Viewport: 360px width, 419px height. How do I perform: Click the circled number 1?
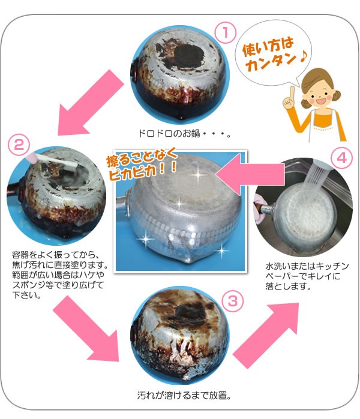click(x=225, y=32)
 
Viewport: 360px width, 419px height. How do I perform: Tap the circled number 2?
click(x=19, y=145)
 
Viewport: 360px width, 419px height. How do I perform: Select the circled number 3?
click(x=233, y=301)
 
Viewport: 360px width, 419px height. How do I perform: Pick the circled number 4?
click(x=341, y=158)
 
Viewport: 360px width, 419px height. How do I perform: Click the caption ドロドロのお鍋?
click(x=185, y=133)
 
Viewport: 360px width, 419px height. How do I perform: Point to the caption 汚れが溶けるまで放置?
click(x=184, y=395)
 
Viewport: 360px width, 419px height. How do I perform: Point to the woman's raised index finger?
click(x=292, y=92)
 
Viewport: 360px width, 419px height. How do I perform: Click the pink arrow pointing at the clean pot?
click(x=250, y=174)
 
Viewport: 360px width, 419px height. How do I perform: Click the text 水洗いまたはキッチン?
click(x=307, y=266)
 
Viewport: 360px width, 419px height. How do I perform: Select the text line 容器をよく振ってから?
click(x=56, y=254)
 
